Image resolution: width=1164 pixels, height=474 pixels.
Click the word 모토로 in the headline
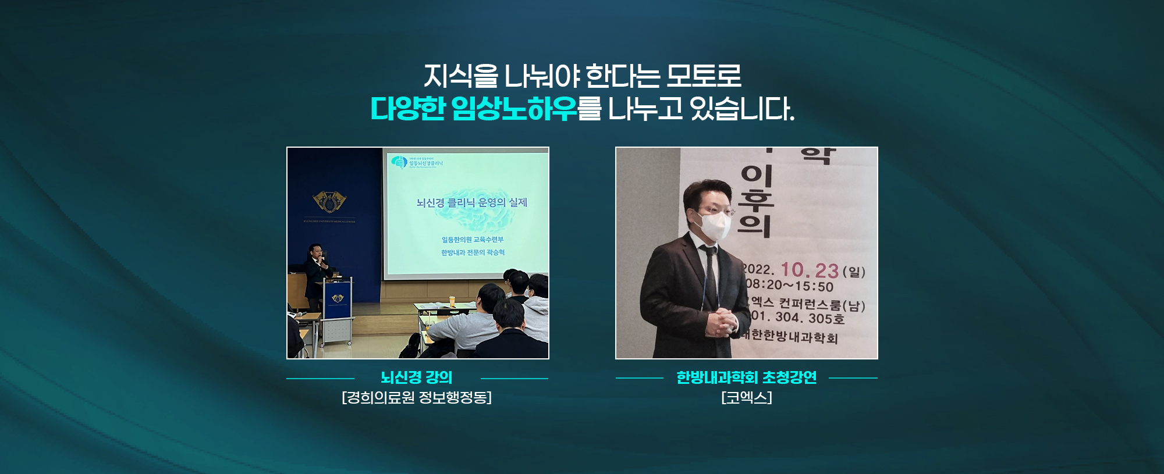pyautogui.click(x=704, y=76)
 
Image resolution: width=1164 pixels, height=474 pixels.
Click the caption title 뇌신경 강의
pyautogui.click(x=417, y=377)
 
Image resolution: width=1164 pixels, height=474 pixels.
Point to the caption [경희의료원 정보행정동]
pyautogui.click(x=417, y=398)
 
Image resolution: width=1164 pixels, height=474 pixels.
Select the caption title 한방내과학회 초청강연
pyautogui.click(x=746, y=377)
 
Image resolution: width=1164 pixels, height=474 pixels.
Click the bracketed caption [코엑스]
pyautogui.click(x=746, y=398)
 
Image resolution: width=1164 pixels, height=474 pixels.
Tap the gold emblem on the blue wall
pyautogui.click(x=329, y=201)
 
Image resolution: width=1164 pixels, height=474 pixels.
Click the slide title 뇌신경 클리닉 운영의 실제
pyautogui.click(x=471, y=202)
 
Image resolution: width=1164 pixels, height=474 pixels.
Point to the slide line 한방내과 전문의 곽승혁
pyautogui.click(x=473, y=252)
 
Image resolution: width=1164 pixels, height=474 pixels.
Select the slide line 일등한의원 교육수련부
pyautogui.click(x=473, y=240)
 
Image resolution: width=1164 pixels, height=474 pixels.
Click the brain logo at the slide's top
pyautogui.click(x=399, y=162)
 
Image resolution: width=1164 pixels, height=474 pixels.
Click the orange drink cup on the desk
pyautogui.click(x=452, y=301)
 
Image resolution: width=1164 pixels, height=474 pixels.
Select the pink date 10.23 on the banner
pyautogui.click(x=809, y=270)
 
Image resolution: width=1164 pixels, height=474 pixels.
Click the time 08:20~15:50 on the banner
pyautogui.click(x=790, y=286)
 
